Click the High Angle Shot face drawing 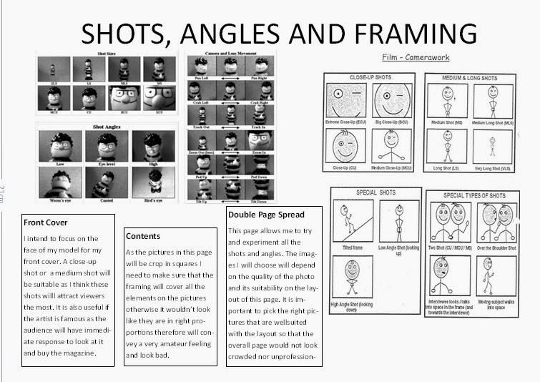coord(350,271)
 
